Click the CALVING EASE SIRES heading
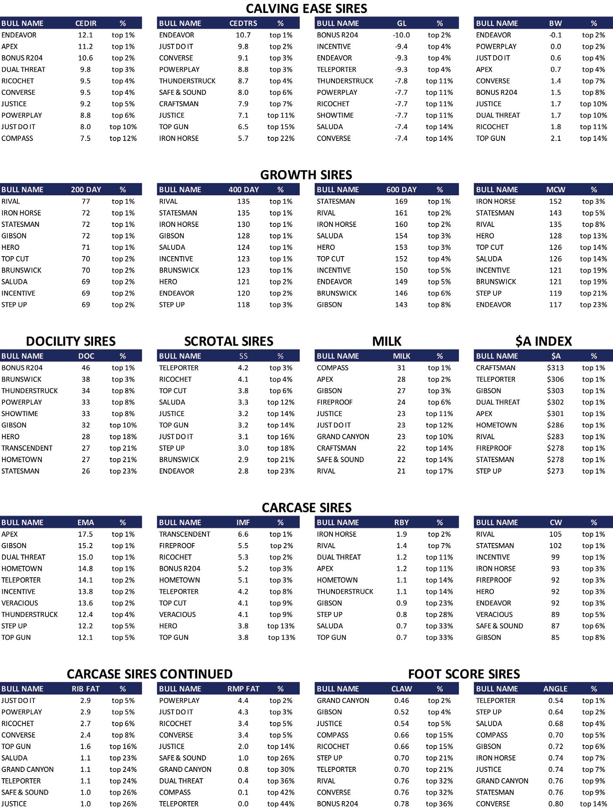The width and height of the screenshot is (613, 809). click(x=306, y=8)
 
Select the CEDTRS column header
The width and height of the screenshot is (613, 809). click(x=243, y=23)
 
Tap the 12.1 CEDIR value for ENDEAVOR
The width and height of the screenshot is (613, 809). click(x=85, y=35)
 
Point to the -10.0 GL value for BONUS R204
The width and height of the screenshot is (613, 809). click(x=401, y=35)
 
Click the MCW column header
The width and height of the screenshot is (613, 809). click(x=555, y=189)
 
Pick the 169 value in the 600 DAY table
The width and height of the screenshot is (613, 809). click(x=401, y=201)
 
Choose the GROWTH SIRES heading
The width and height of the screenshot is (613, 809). click(x=306, y=175)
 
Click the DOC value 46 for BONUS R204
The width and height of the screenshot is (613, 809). click(x=86, y=368)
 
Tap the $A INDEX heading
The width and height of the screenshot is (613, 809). click(x=543, y=341)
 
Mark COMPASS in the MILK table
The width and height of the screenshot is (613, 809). click(x=333, y=368)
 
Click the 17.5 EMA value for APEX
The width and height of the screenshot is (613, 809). click(x=86, y=534)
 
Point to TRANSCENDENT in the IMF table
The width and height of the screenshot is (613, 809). click(x=185, y=534)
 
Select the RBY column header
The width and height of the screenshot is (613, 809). click(x=401, y=522)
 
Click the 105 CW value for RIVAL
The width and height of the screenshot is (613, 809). click(x=555, y=534)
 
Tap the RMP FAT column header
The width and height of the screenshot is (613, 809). click(x=243, y=689)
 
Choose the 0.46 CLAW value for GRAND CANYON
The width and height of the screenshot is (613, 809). click(x=401, y=700)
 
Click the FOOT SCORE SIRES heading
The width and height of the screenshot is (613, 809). click(x=464, y=674)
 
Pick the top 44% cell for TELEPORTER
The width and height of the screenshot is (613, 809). click(x=281, y=803)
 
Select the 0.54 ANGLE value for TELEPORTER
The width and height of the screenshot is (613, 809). click(x=555, y=700)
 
